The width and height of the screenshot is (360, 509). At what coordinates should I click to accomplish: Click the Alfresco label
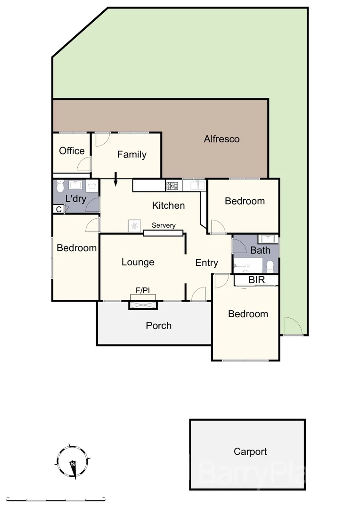[221, 139]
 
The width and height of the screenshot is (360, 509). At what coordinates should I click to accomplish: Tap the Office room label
[72, 151]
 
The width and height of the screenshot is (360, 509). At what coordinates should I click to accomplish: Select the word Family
[131, 155]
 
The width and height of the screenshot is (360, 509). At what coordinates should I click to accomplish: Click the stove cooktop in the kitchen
[172, 186]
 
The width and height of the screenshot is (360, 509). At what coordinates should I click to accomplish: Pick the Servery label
[164, 225]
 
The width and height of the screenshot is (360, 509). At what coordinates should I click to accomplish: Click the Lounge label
[138, 262]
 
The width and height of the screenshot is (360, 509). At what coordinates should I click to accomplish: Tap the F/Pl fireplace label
[143, 291]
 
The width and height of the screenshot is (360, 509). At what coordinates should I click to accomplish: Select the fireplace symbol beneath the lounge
[143, 305]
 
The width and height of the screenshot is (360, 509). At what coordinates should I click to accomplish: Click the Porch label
[158, 326]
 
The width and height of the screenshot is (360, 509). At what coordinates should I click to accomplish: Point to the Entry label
[206, 263]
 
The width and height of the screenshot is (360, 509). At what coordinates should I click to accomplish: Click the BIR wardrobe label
[256, 280]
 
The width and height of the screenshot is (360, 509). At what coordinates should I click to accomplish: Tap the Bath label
[260, 250]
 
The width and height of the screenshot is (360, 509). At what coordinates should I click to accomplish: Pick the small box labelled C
[58, 209]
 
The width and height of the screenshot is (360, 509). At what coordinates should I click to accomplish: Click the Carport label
[250, 452]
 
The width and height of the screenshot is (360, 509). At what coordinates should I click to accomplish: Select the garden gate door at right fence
[292, 326]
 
